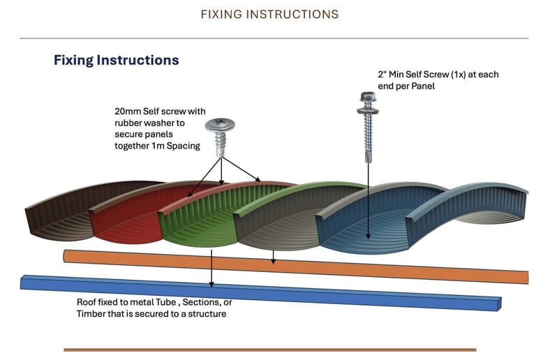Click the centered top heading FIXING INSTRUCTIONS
click(269, 15)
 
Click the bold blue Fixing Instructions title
click(117, 60)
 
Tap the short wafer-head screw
click(220, 137)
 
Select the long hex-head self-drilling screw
click(368, 127)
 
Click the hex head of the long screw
click(368, 98)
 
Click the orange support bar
click(296, 267)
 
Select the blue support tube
click(260, 292)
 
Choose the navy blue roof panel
click(369, 222)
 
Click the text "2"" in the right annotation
click(382, 75)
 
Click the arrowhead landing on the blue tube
click(211, 285)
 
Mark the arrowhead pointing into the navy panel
click(368, 236)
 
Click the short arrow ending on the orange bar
click(273, 257)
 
